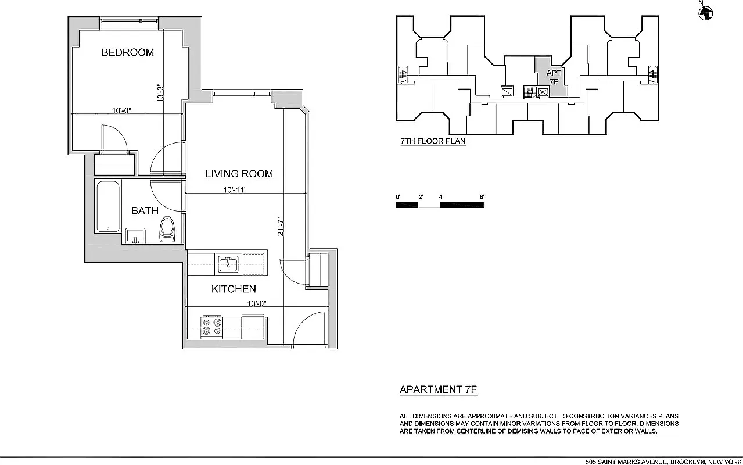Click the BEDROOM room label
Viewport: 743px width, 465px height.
[x=128, y=52]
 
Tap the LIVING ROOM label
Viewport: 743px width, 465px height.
[x=239, y=174]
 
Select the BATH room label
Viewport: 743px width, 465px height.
[x=145, y=210]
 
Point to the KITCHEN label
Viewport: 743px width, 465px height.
[x=234, y=289]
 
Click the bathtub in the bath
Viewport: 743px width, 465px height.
[x=108, y=206]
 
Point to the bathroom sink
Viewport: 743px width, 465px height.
[x=136, y=236]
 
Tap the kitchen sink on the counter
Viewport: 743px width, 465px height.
[x=228, y=263]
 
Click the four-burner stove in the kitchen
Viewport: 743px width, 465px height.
[x=211, y=327]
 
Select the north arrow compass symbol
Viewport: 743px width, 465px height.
[x=705, y=12]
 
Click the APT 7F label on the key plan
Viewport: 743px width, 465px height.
[x=554, y=77]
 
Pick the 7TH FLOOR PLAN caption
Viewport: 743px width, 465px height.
[x=433, y=141]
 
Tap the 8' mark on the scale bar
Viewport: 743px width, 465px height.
[x=482, y=197]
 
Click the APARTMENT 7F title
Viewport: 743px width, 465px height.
[x=438, y=390]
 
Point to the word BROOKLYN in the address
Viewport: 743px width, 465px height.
[x=688, y=462]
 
